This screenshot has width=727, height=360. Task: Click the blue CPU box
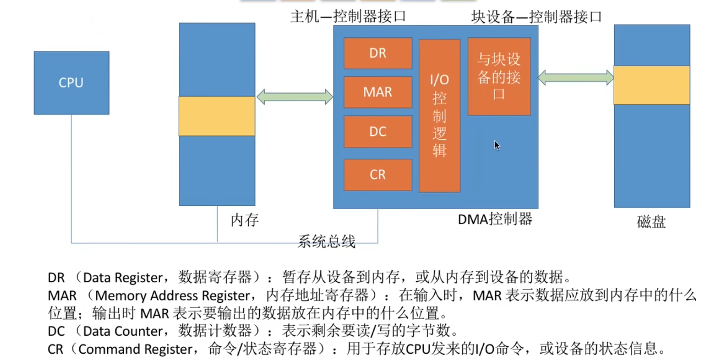pos(72,83)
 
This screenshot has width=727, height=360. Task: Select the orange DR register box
pos(378,53)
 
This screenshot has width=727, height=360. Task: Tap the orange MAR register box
pos(378,92)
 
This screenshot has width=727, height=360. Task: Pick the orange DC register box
pos(378,131)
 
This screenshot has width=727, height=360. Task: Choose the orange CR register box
pos(378,175)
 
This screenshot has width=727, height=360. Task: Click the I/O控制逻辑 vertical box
pos(439,116)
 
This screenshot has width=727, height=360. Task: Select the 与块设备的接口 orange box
pos(499,77)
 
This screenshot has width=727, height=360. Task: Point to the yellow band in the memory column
pos(217,116)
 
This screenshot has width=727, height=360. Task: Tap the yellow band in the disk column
pos(652,85)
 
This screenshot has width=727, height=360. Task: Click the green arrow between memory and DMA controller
pos(295,97)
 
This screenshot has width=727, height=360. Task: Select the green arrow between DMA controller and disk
pos(576,78)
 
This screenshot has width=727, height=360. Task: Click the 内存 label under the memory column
pos(244,220)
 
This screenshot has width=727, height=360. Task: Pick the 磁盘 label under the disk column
pos(651,222)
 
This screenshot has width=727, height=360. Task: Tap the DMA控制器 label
pos(495,219)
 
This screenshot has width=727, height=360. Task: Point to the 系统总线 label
pos(326,242)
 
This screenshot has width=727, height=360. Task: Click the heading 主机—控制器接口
pos(348,16)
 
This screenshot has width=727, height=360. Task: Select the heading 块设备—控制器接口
pos(536,17)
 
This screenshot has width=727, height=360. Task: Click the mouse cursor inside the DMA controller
pos(497,145)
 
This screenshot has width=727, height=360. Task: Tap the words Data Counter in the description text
pos(123,331)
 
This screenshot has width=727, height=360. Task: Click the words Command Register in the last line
pos(136,349)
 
